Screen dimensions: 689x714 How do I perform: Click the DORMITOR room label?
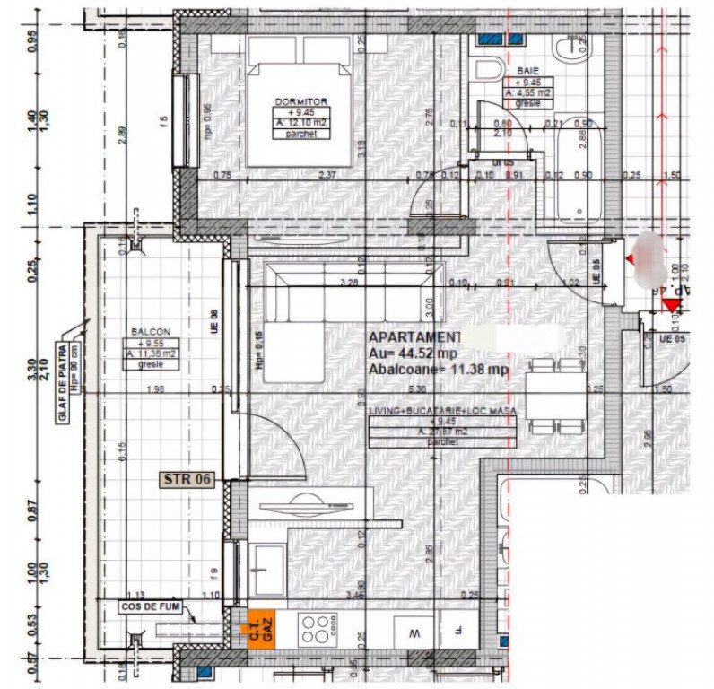[x=300, y=101]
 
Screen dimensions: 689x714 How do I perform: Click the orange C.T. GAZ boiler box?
[x=260, y=627]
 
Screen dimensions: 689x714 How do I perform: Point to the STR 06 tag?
[x=187, y=479]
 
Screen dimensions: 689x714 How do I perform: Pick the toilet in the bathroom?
[x=490, y=71]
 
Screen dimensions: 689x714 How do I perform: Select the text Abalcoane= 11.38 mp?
[x=439, y=369]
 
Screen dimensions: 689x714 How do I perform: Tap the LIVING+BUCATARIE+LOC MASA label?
[x=442, y=410]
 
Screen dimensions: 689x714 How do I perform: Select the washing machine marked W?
[x=414, y=632]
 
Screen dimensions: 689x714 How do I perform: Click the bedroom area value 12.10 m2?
[x=300, y=123]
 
